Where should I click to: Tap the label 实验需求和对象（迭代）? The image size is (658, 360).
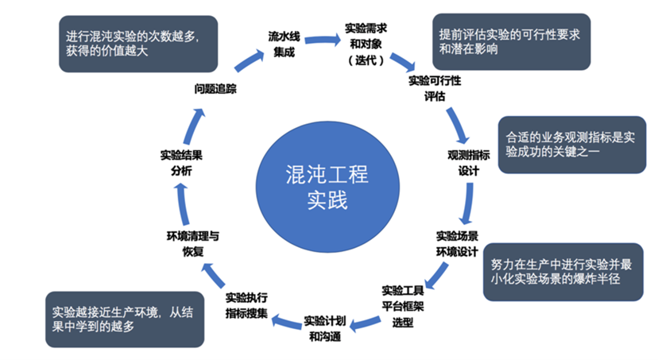(366, 44)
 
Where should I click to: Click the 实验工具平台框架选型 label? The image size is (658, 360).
(404, 307)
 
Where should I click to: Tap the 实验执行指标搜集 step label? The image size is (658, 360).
(248, 304)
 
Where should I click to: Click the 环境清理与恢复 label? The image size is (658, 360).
(193, 244)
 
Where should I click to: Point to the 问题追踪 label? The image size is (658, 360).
(216, 88)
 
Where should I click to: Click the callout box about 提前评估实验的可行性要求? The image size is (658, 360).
(510, 41)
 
